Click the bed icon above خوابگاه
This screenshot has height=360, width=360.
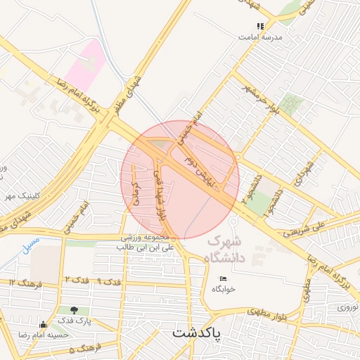tap(224, 279)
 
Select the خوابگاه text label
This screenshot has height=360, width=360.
tap(223, 289)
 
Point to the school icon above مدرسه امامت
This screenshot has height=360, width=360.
tap(260, 26)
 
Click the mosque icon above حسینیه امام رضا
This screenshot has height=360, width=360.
tap(44, 324)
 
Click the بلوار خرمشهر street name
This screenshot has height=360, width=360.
tap(256, 99)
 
